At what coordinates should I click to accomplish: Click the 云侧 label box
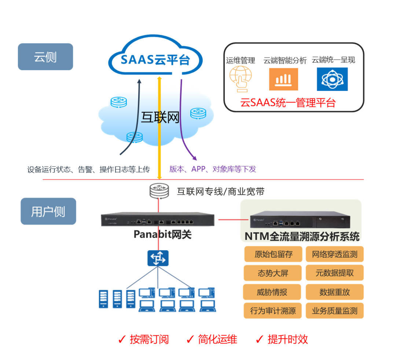pos(45,57)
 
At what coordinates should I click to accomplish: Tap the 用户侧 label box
pos(48,211)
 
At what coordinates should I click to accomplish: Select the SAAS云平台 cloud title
pos(155,59)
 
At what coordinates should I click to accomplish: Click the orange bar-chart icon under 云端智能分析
pos(283,79)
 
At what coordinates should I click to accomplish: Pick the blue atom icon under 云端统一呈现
pos(332,79)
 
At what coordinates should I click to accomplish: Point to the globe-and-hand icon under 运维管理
pos(241,79)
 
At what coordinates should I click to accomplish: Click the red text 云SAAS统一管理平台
pos(288,102)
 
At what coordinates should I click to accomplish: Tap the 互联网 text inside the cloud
pos(160,117)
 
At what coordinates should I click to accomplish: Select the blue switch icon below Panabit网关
pos(158,258)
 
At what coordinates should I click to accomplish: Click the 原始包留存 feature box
pos(272,254)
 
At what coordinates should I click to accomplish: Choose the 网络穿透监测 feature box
pos(334,254)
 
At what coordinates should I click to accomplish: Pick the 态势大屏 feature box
pos(272,273)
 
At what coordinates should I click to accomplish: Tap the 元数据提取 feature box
pos(334,273)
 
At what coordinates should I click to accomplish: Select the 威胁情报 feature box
pos(272,292)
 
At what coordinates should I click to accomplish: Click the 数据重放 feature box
pos(334,292)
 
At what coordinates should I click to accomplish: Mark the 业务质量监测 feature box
pos(334,311)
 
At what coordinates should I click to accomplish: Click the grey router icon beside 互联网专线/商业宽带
pos(159,190)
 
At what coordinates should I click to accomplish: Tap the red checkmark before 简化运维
pos(190,339)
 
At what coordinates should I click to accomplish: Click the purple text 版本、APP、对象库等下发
pos(213,169)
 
